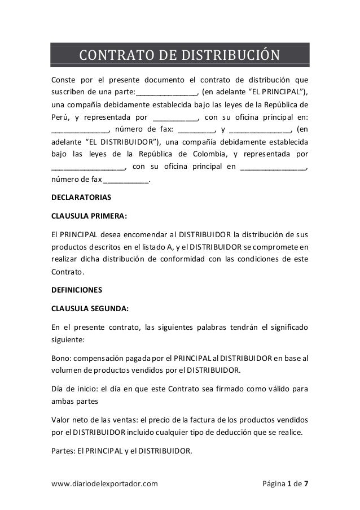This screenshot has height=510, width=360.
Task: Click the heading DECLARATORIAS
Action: (x=81, y=198)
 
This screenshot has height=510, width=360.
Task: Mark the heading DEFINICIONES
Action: (x=77, y=290)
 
